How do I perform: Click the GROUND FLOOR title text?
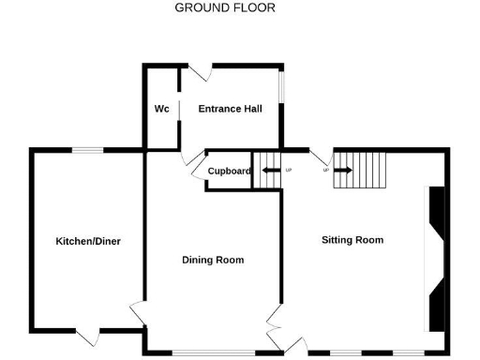pyautogui.click(x=225, y=8)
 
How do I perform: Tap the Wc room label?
pyautogui.click(x=161, y=109)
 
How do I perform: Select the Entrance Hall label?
pyautogui.click(x=230, y=109)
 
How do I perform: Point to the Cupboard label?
pyautogui.click(x=229, y=171)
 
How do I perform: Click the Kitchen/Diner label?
pyautogui.click(x=88, y=241)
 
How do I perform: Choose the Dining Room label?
pyautogui.click(x=213, y=260)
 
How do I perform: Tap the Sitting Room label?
pyautogui.click(x=352, y=240)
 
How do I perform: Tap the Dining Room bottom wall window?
pyautogui.click(x=213, y=352)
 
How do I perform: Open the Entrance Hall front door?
pyautogui.click(x=200, y=72)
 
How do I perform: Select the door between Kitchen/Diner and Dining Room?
pyautogui.click(x=138, y=313)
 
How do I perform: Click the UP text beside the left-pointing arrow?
pyautogui.click(x=288, y=171)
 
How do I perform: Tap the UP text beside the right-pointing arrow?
pyautogui.click(x=326, y=171)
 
